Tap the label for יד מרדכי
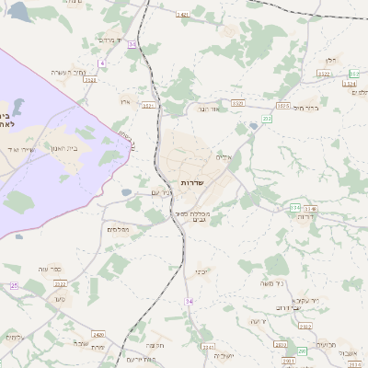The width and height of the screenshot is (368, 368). [x=109, y=40]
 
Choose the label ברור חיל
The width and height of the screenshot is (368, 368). [x=306, y=108]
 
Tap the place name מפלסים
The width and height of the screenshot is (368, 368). [x=118, y=229]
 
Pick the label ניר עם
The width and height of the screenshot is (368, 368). [x=160, y=192]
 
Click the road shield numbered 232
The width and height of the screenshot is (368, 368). [x=267, y=119]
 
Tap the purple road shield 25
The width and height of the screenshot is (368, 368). [x=14, y=286]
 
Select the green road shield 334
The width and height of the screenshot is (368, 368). [x=295, y=209]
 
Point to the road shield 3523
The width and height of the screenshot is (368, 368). [x=237, y=102]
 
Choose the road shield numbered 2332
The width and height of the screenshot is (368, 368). [x=305, y=327]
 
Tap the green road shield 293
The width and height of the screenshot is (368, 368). [x=301, y=351]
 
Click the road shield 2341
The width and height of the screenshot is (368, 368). [x=208, y=347]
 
